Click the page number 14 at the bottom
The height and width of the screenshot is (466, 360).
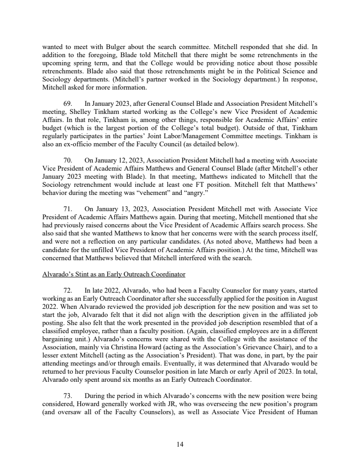click(x=180, y=444)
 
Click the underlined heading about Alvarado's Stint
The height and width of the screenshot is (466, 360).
click(x=113, y=274)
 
